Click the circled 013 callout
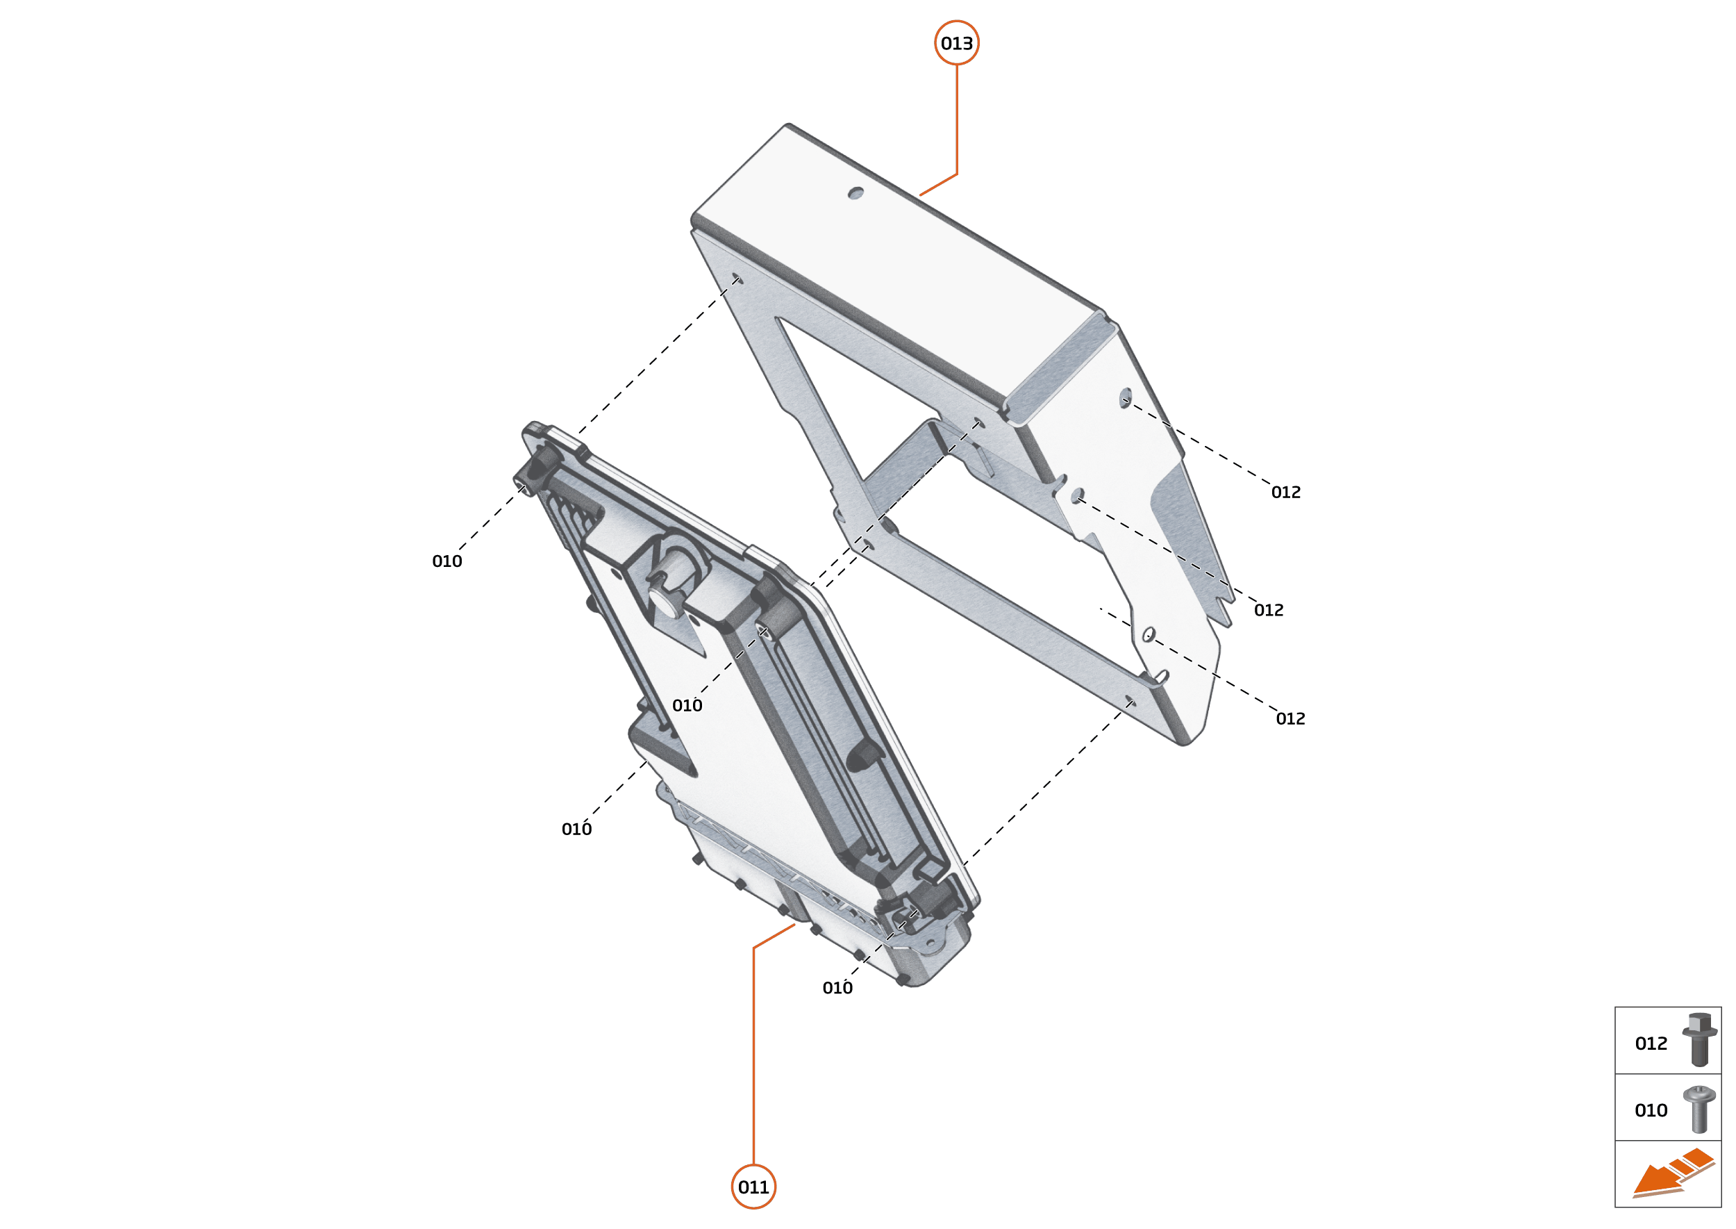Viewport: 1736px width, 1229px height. coord(956,43)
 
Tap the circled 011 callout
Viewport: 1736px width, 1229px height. coord(753,1187)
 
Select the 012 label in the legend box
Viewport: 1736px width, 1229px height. coord(1651,1044)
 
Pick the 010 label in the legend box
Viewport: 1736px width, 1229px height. coord(1651,1110)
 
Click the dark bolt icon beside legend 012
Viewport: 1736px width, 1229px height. coord(1699,1039)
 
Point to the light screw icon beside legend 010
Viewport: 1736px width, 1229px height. coord(1699,1110)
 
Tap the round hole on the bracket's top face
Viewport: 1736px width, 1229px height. coord(856,193)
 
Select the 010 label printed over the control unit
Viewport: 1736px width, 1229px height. coord(687,705)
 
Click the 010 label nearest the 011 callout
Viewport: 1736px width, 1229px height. coord(837,988)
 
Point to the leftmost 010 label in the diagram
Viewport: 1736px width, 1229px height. coord(447,561)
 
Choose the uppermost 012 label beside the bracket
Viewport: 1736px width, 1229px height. coord(1286,492)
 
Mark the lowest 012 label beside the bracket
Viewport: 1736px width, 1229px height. coord(1290,718)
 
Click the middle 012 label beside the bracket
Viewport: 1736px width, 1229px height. coord(1269,610)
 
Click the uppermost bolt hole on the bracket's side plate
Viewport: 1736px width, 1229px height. coord(1126,397)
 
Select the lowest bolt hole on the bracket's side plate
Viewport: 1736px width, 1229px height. coord(1149,634)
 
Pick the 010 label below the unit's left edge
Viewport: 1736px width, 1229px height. coord(576,829)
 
